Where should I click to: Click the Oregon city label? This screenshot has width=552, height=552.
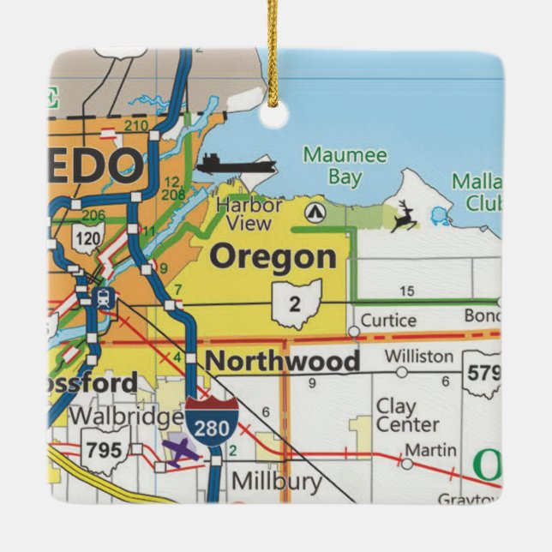[273, 256]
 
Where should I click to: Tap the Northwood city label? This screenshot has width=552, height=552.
[283, 361]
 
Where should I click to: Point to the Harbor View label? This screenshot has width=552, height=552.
[249, 214]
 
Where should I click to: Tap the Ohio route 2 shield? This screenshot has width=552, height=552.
[297, 303]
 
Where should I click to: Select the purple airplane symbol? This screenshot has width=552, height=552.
[181, 451]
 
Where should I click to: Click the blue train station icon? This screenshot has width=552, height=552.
[105, 299]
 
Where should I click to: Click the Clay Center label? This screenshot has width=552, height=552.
[407, 415]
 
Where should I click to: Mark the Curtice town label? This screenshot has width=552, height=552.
[388, 321]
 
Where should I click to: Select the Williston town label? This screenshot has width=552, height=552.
[419, 356]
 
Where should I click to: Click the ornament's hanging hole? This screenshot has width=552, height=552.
[273, 116]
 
